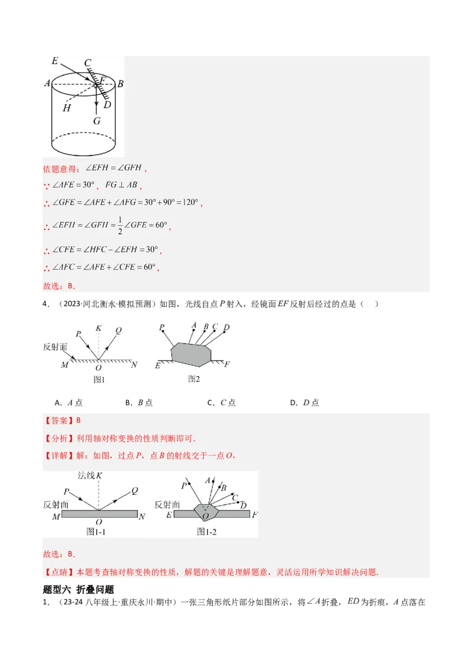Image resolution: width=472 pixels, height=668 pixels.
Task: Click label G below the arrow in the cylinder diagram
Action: (97, 121)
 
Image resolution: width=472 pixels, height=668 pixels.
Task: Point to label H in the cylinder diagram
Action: (66, 108)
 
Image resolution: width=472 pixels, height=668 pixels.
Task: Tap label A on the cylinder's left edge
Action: (47, 84)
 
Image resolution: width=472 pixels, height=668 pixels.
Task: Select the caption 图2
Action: (194, 379)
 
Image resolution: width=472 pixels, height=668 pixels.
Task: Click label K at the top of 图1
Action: (99, 327)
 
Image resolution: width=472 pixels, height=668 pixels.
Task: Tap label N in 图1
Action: (134, 365)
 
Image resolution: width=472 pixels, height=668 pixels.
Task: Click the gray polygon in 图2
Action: (191, 353)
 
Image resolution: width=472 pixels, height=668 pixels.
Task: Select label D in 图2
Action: (227, 328)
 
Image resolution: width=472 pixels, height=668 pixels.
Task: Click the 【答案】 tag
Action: (55, 421)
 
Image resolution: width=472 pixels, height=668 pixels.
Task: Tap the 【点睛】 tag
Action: (55, 572)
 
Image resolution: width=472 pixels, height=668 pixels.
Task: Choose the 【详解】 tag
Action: (55, 455)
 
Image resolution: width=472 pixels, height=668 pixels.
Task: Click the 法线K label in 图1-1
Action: (90, 476)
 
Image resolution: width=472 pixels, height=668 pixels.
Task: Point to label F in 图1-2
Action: (254, 515)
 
